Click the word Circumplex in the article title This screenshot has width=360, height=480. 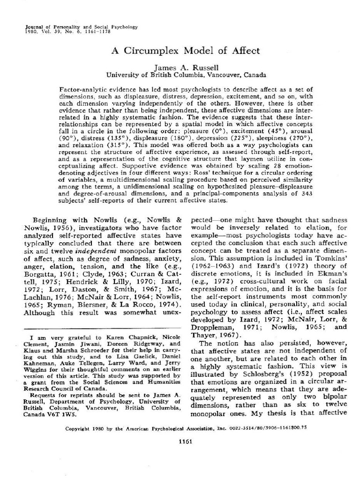tap(154, 51)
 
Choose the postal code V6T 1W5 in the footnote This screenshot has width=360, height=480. tap(63, 401)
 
